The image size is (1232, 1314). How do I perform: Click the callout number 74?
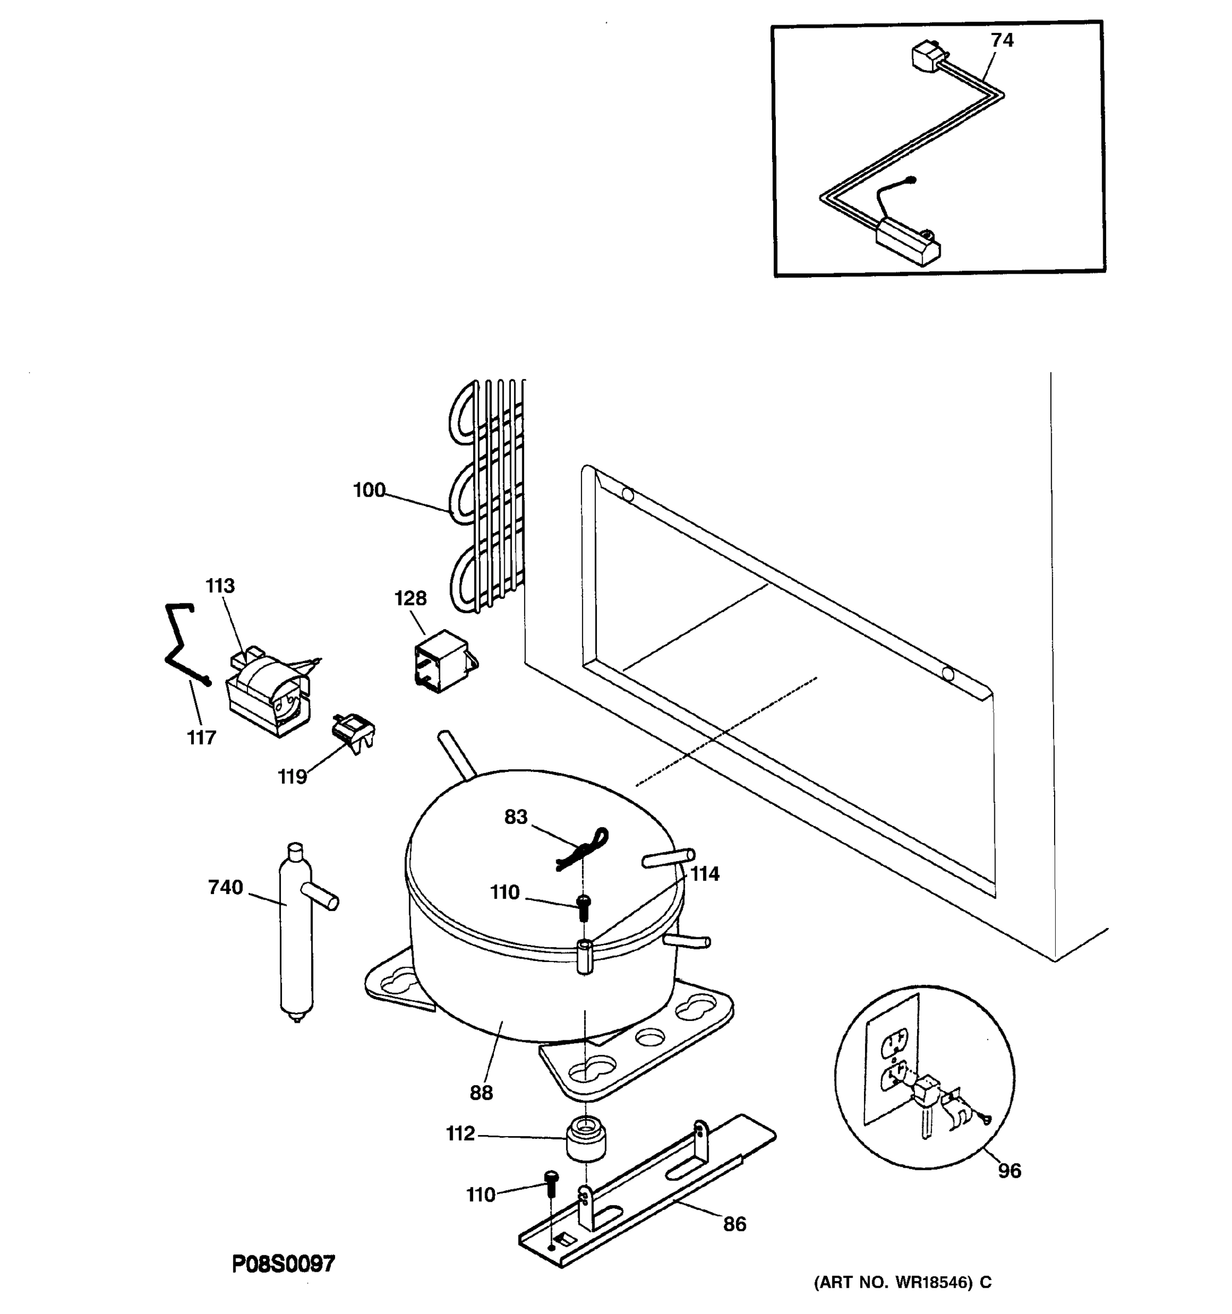pos(1001,41)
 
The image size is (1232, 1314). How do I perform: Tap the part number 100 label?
pos(369,490)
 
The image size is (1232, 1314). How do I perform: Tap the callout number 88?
pos(481,1093)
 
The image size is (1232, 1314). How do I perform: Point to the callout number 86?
pos(734,1224)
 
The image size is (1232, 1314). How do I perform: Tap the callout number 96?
pos(1009,1171)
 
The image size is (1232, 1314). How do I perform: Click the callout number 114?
pos(704,874)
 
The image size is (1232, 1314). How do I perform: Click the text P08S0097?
pos(284,1264)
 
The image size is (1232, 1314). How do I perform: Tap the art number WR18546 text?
pos(902,1283)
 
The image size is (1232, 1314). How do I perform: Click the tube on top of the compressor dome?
pos(457,754)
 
